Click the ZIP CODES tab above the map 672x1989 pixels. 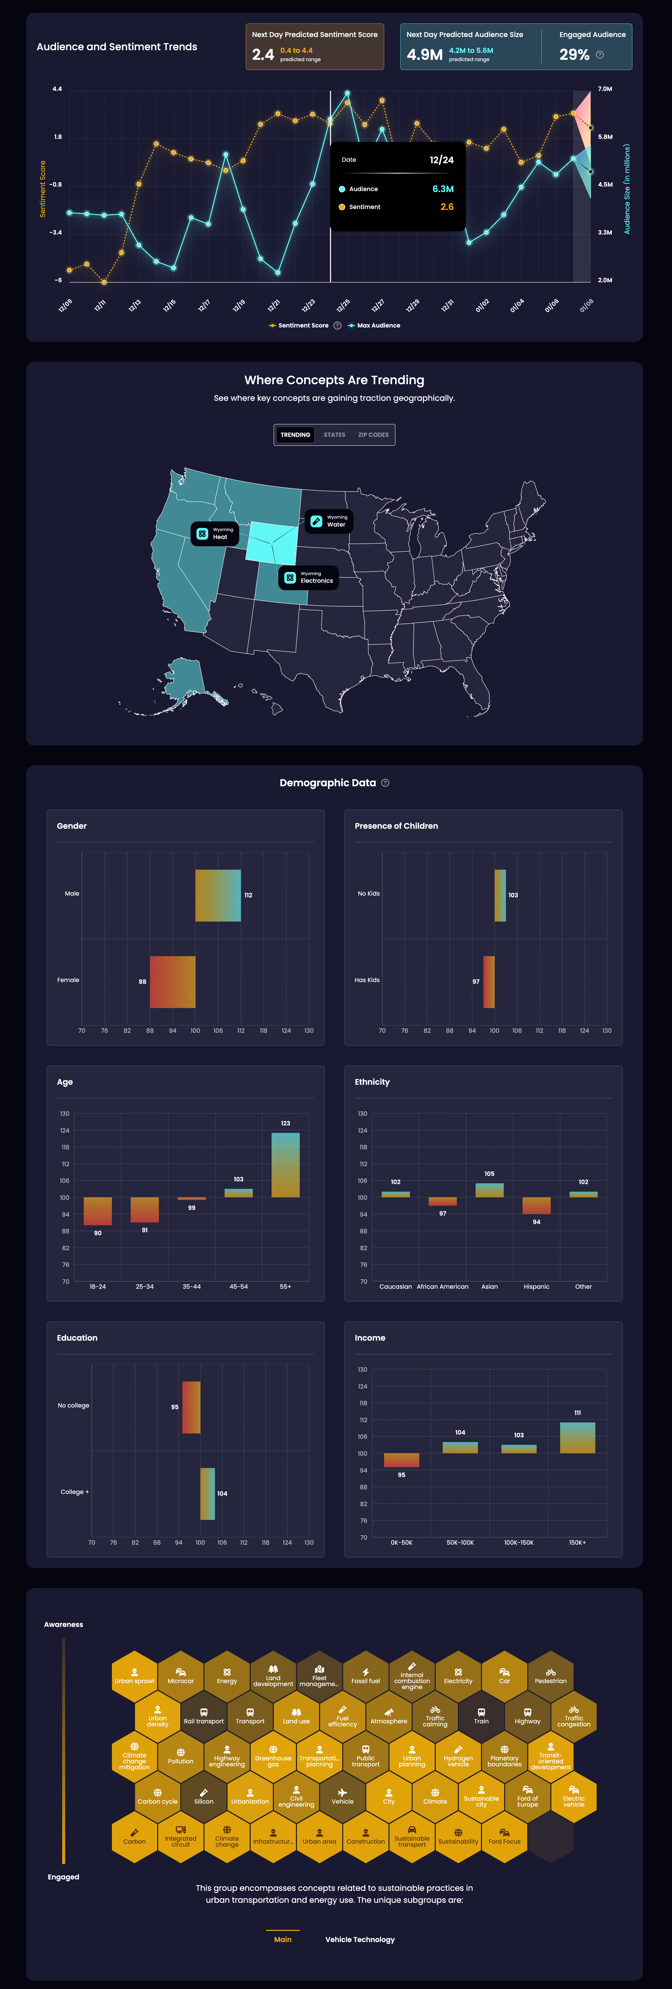point(373,435)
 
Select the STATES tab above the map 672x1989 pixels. point(335,435)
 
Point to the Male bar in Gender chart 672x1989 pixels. point(218,896)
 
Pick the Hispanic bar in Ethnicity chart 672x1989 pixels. point(536,1205)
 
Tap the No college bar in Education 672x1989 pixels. point(191,1407)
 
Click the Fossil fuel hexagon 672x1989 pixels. point(365,1676)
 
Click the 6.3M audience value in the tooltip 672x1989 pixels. point(443,189)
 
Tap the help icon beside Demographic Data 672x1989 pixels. point(385,783)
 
